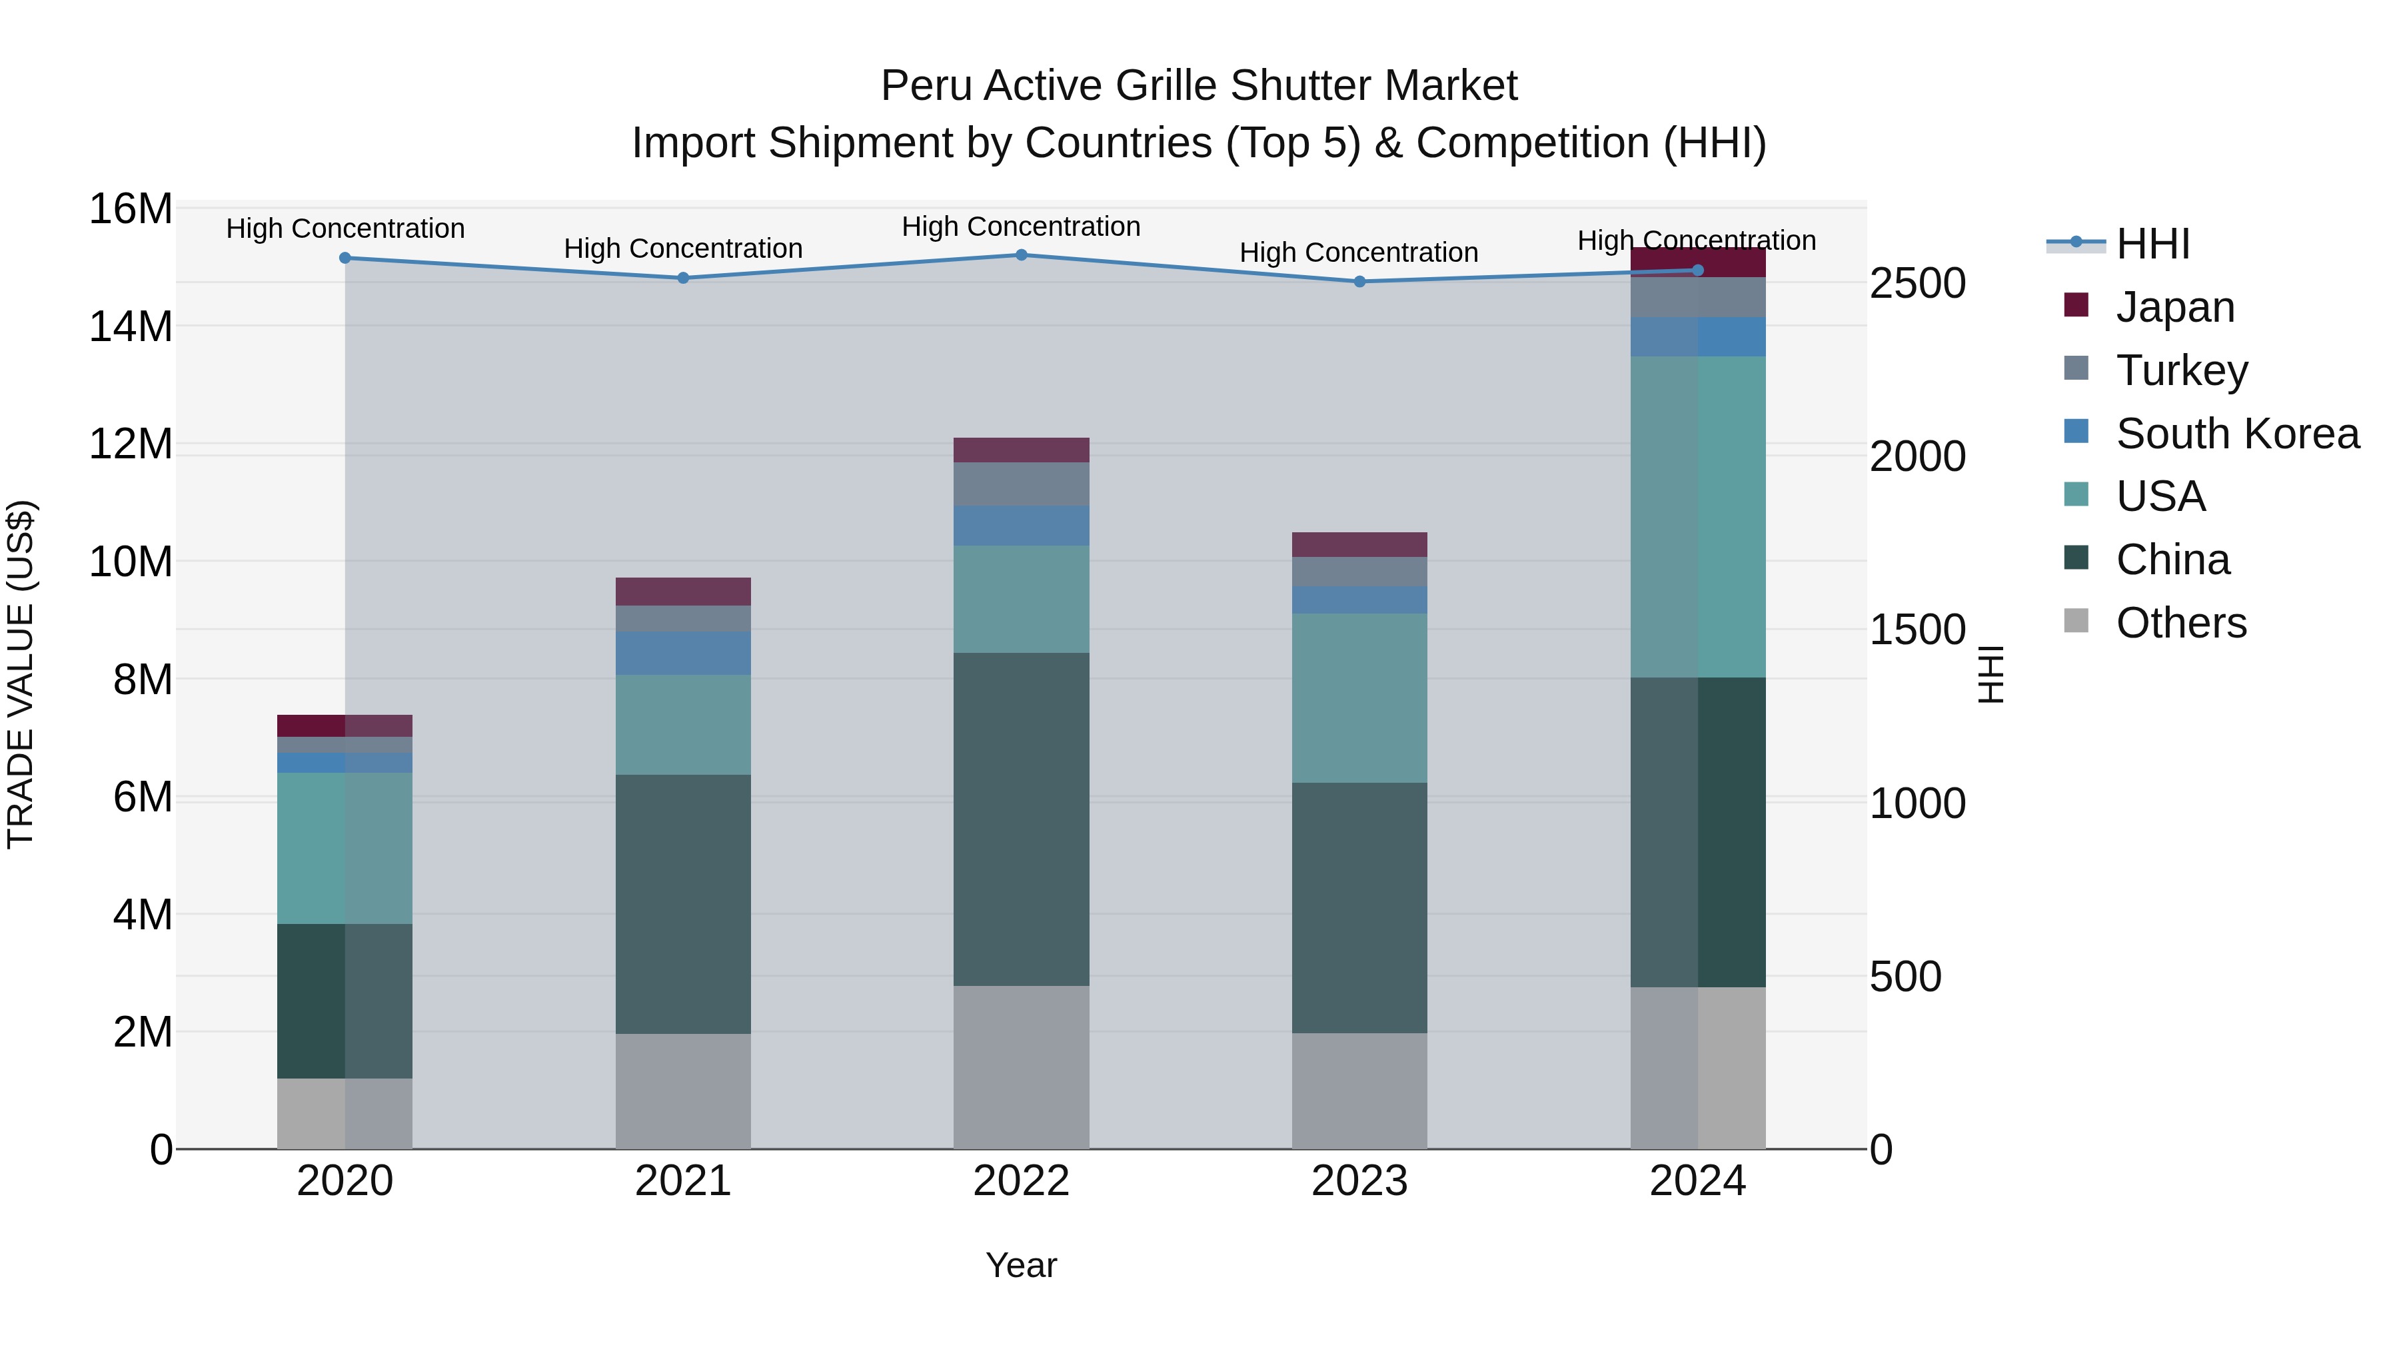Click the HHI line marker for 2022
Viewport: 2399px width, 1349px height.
tap(1021, 255)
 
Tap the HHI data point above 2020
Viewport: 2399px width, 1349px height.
tap(345, 258)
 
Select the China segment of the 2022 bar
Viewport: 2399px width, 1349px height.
tap(1021, 819)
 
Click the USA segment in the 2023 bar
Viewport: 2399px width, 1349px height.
tap(1359, 697)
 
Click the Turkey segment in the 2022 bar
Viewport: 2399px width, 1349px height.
tap(1021, 484)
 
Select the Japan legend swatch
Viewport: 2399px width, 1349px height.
tap(2076, 305)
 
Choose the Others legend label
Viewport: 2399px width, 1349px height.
tap(2180, 623)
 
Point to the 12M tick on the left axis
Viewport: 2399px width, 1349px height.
tap(131, 444)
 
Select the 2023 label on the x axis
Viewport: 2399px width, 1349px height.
tap(1359, 1181)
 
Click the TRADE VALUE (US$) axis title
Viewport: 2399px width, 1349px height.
tap(21, 674)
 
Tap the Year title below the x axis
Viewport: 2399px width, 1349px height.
tap(1021, 1265)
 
